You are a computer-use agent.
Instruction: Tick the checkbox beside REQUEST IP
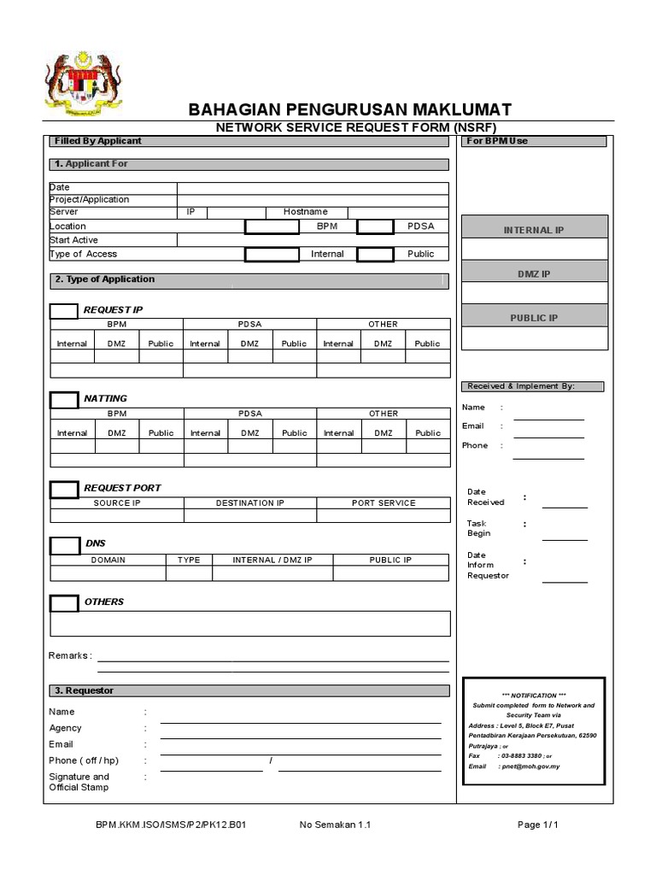click(64, 310)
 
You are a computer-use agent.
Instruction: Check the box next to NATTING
click(64, 400)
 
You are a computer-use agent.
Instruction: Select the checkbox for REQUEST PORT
click(64, 490)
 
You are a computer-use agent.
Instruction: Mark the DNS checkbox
click(64, 545)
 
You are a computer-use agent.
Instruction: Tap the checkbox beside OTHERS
click(64, 603)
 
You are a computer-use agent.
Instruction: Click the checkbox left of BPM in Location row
click(272, 226)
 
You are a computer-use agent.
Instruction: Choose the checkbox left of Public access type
click(375, 254)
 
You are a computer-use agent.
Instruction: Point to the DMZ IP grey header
click(534, 273)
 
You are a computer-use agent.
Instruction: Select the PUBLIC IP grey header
click(534, 318)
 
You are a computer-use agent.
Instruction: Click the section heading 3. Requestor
click(84, 690)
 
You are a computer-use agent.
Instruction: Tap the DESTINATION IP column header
click(250, 503)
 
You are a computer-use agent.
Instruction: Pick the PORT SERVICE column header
click(384, 503)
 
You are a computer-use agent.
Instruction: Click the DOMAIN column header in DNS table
click(108, 560)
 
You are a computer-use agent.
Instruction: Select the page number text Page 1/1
click(538, 825)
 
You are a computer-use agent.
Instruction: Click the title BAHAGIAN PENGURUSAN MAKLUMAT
click(349, 109)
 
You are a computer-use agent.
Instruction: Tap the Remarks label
click(70, 655)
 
